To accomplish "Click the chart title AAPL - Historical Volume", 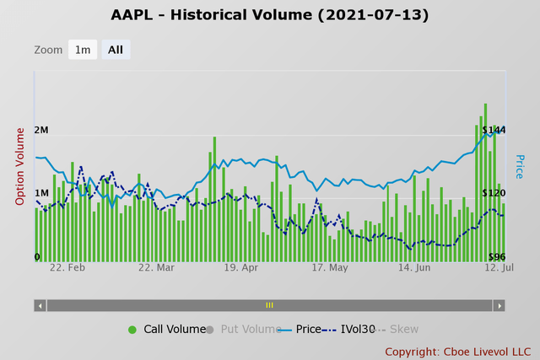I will click(x=270, y=15).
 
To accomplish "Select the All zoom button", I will click(x=116, y=50).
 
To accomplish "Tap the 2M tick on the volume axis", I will click(x=41, y=131).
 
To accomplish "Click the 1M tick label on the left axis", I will click(x=41, y=193).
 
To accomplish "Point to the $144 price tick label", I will click(x=494, y=130).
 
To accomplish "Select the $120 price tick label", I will click(x=494, y=193).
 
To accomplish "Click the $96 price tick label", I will click(x=496, y=257).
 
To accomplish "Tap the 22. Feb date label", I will click(x=67, y=267).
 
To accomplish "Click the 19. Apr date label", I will click(x=240, y=267).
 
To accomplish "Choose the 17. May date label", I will click(x=329, y=267).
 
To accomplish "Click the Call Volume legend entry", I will click(x=168, y=330).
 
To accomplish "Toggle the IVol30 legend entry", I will click(x=349, y=330).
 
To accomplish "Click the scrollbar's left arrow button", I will click(x=40, y=305).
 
